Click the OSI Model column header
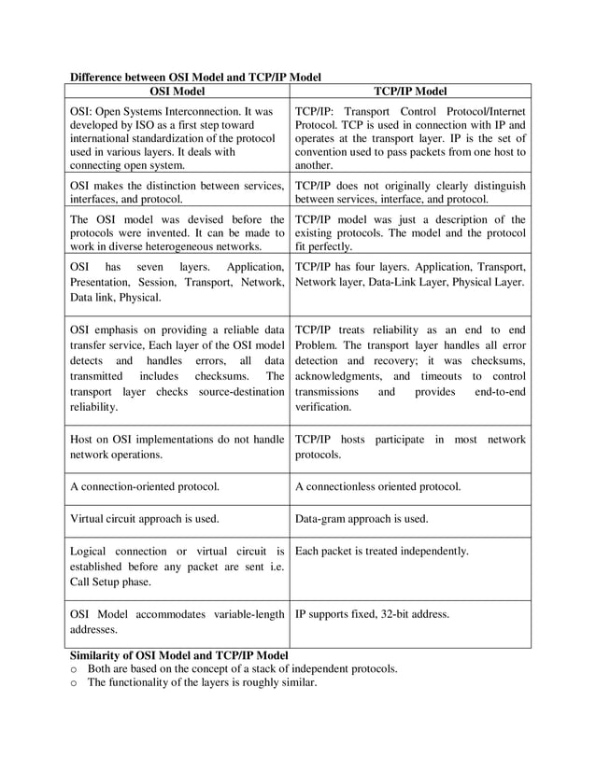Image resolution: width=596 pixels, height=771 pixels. [x=177, y=91]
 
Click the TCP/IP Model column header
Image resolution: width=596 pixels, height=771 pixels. [x=409, y=91]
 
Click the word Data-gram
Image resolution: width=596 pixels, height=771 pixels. [x=322, y=518]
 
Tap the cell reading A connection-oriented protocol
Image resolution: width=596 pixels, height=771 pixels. [x=145, y=486]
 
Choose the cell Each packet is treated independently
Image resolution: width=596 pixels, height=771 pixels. [x=382, y=551]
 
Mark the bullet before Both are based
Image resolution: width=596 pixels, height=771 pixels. [x=74, y=669]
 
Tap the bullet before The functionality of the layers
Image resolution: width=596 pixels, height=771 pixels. [x=74, y=683]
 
